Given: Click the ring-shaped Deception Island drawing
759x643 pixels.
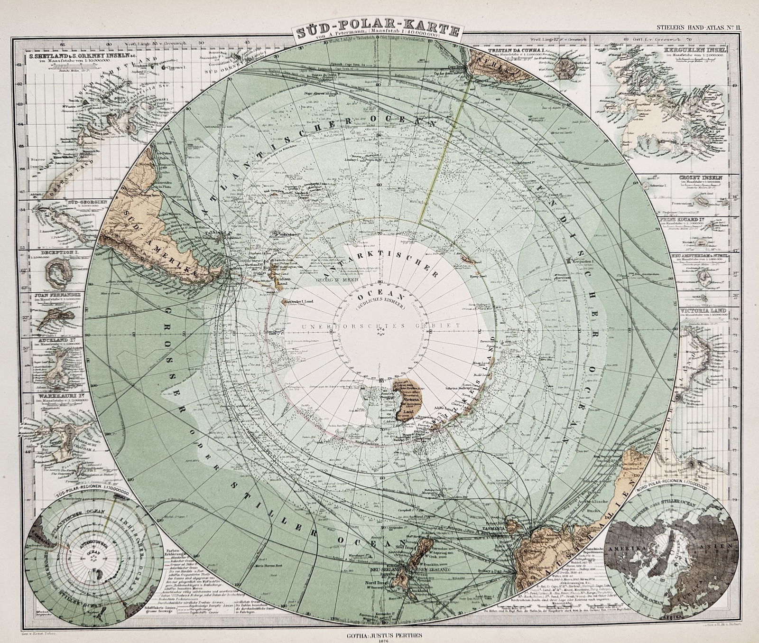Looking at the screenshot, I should [57, 274].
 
